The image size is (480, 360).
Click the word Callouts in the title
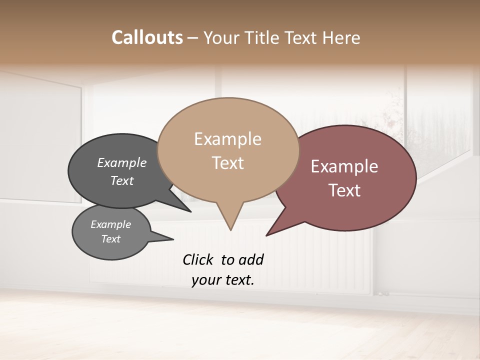coord(147,37)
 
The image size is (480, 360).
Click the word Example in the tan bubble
coord(227,139)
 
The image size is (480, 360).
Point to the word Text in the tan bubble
coord(227,163)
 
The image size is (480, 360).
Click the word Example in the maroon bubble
coord(344,166)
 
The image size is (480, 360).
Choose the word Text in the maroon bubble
coord(344,190)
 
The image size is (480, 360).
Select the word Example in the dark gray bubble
coord(122,163)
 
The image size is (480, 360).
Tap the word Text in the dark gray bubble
coord(122,180)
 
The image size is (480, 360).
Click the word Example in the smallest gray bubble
coord(110,224)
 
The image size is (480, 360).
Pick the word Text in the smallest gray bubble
coord(110,239)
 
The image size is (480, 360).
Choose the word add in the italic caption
coord(251,259)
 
